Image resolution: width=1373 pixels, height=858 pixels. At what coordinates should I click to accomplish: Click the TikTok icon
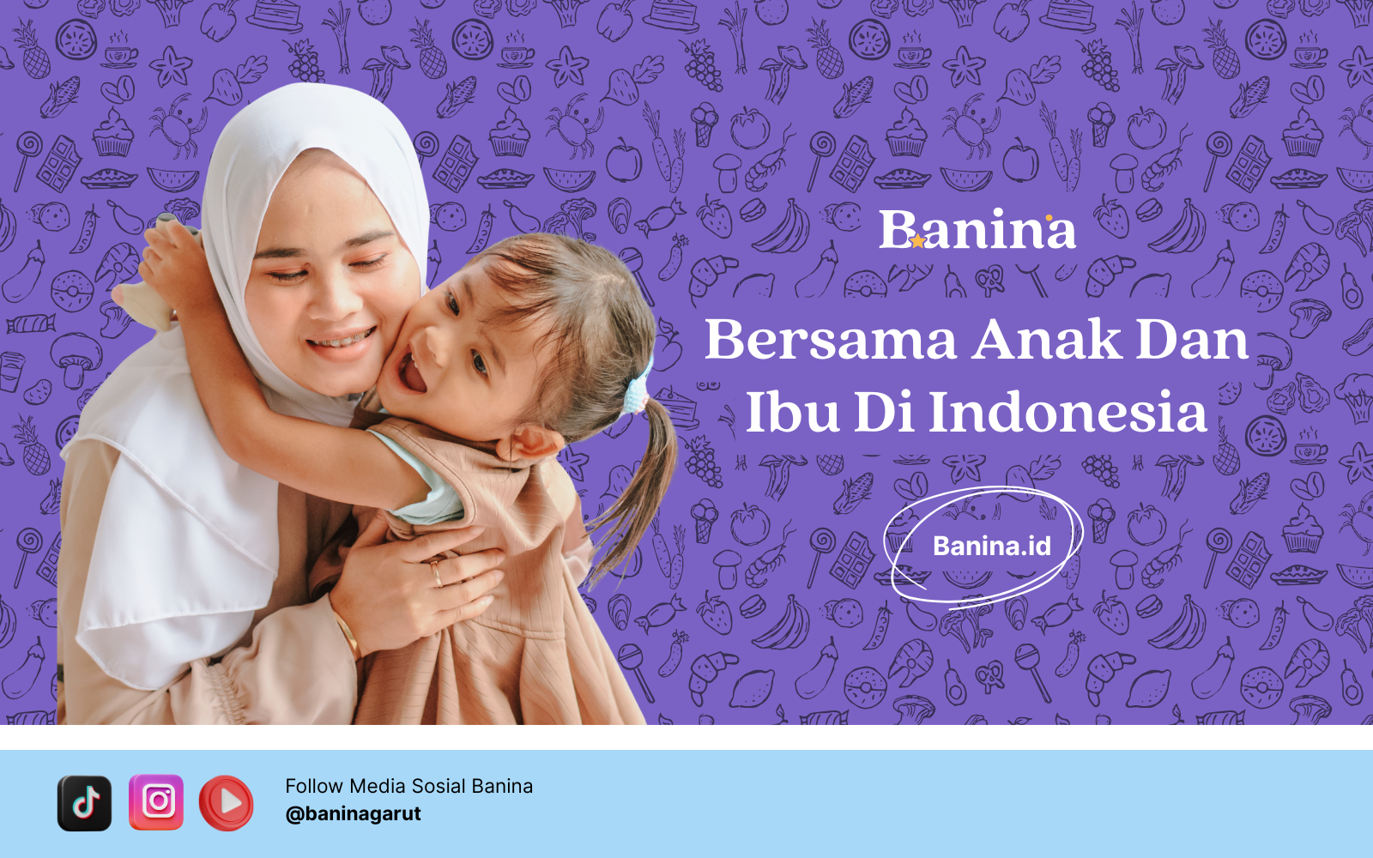[85, 803]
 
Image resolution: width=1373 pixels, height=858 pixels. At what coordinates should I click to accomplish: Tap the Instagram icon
[156, 802]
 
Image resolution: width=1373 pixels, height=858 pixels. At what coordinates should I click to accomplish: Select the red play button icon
[227, 803]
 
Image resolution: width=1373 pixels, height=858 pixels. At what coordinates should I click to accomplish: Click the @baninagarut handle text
[353, 814]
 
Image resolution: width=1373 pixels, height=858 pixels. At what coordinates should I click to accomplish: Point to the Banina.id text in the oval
[992, 546]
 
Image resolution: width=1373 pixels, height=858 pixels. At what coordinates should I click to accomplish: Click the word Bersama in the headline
[831, 340]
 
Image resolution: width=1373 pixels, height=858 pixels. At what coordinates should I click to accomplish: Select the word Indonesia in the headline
[1068, 412]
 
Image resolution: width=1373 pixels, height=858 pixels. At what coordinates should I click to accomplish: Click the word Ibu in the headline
[793, 412]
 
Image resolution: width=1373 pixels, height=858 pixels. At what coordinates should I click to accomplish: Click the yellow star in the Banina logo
[917, 241]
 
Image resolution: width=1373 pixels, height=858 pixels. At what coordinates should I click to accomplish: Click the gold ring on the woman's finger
[437, 574]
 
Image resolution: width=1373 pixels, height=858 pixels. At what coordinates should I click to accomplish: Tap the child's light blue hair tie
[638, 386]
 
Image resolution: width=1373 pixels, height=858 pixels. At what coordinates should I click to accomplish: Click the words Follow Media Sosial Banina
[408, 786]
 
